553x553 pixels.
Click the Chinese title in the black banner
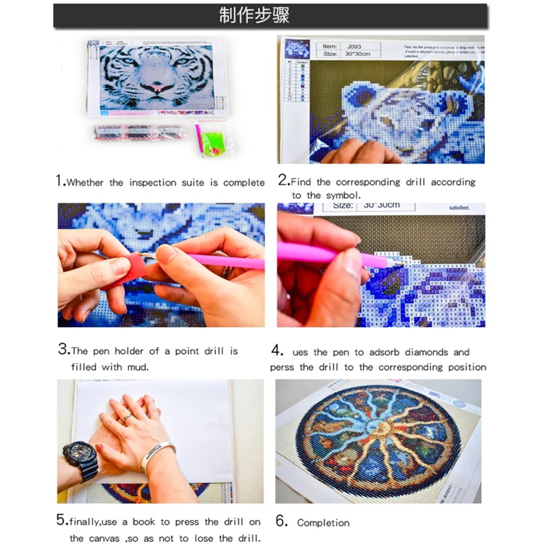pos(254,16)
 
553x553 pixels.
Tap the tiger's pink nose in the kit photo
pos(157,86)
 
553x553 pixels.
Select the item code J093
pos(354,46)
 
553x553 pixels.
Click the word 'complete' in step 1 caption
pos(244,183)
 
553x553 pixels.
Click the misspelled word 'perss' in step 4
pos(284,367)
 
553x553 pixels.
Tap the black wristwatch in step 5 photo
pos(80,458)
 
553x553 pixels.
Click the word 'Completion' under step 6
pos(323,523)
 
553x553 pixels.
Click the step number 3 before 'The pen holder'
pos(63,350)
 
